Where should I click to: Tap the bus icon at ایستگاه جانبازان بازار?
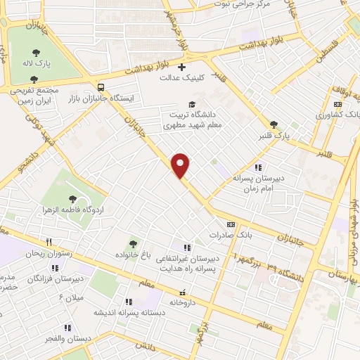103,88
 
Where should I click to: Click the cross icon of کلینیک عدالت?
183,68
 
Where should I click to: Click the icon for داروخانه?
183,292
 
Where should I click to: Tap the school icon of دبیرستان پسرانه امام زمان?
259,167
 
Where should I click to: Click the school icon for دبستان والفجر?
67,327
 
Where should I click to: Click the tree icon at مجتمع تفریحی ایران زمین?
34,79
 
